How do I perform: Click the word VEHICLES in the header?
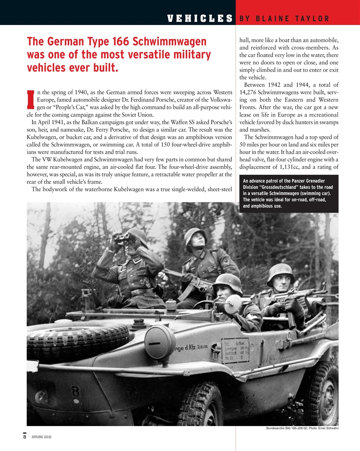(200, 18)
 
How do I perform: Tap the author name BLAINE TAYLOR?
(294, 19)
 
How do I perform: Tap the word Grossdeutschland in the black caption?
(279, 187)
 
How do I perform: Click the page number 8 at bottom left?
(25, 437)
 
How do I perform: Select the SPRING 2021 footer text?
(42, 437)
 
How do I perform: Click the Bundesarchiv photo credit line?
(302, 428)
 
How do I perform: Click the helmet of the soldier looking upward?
(195, 235)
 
